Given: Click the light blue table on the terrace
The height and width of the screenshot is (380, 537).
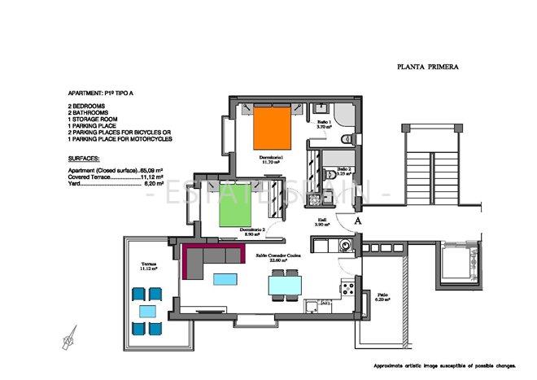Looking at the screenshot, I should tap(147, 310).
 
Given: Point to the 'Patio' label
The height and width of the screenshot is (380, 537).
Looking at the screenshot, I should tap(382, 297).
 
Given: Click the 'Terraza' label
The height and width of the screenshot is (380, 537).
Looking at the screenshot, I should tap(148, 265).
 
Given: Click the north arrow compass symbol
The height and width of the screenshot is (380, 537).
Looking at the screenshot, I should tap(69, 335).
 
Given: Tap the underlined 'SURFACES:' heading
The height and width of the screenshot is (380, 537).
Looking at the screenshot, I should tap(85, 160).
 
